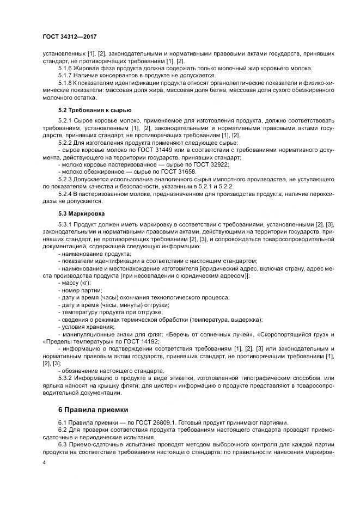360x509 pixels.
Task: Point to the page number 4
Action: pyautogui.click(x=44, y=462)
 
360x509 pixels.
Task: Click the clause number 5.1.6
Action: pyautogui.click(x=65, y=68)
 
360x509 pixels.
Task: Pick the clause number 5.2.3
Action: pyautogui.click(x=65, y=178)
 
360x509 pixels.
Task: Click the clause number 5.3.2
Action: pyautogui.click(x=65, y=378)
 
